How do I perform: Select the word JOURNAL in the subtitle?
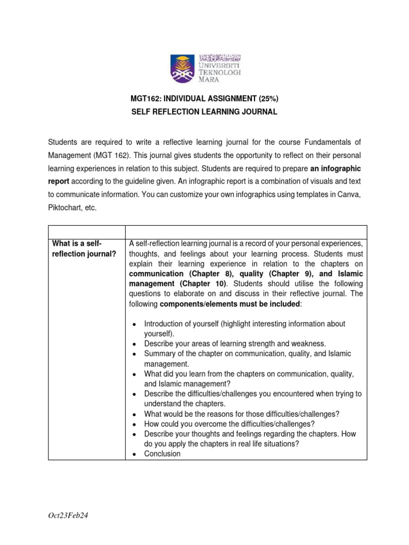(258, 112)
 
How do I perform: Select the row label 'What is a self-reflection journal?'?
(85, 248)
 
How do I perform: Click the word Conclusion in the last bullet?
(162, 454)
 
